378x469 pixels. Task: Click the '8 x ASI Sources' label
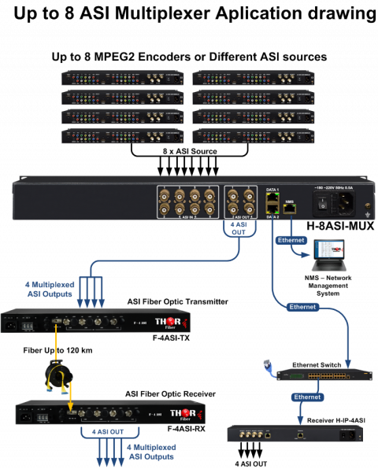(188, 150)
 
